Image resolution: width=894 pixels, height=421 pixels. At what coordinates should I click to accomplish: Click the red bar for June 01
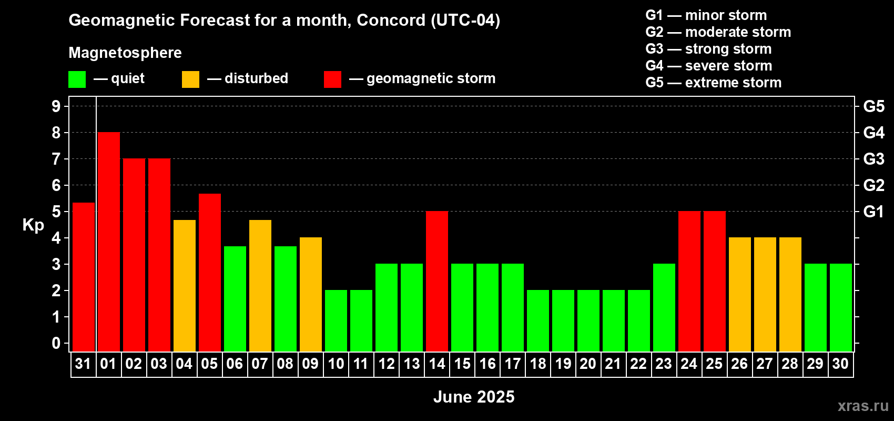108,242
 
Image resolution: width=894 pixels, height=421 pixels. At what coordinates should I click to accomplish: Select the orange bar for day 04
185,286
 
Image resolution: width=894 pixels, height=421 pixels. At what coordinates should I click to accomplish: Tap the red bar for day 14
437,281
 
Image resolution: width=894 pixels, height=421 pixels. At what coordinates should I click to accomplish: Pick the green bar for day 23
664,307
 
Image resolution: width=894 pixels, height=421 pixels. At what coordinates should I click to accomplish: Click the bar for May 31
84,277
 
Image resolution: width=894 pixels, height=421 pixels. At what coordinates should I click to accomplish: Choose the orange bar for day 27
765,294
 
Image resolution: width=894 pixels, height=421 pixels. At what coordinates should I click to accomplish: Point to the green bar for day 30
841,307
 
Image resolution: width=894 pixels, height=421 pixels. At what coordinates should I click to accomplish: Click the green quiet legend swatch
77,79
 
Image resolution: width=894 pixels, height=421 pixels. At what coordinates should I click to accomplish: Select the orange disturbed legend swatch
190,79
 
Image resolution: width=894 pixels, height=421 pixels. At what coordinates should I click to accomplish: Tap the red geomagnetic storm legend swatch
332,79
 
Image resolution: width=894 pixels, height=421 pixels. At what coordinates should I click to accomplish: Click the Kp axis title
33,225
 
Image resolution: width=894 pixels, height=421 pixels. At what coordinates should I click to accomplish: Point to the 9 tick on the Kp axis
56,106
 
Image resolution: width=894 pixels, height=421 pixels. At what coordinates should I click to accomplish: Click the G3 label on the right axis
874,159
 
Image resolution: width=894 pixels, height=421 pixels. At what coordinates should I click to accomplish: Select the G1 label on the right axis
874,212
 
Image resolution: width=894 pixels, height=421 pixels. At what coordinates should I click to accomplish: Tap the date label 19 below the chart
563,364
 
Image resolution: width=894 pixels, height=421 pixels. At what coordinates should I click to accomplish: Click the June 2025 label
474,397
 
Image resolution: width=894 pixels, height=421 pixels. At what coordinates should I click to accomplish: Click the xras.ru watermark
863,406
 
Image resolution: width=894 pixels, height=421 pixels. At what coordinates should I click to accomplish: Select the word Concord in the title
391,20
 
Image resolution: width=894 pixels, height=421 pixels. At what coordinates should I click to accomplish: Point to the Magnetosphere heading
125,53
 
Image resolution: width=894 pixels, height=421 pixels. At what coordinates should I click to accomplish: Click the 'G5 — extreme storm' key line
713,83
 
